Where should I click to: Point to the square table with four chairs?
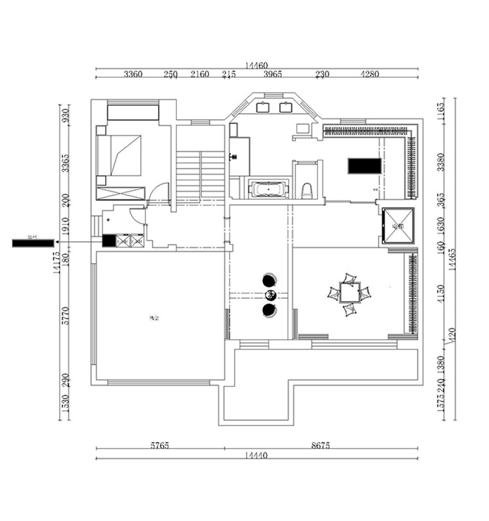[x=348, y=292]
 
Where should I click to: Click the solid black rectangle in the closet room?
[x=363, y=165]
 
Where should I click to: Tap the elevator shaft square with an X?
[x=398, y=226]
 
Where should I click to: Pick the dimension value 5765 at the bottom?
[x=159, y=446]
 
